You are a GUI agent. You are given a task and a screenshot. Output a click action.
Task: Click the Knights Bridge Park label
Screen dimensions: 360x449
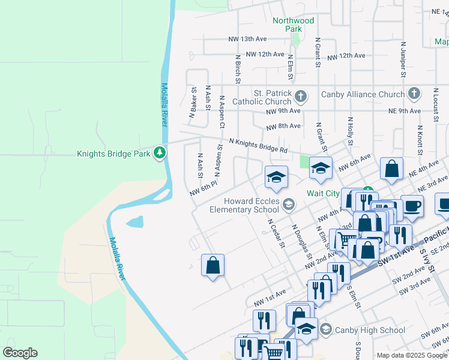[x=113, y=154]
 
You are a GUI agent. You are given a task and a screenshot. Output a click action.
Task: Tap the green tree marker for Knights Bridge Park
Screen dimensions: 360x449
[x=159, y=153]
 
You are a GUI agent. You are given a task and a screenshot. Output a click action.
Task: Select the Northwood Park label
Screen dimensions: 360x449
[x=293, y=25]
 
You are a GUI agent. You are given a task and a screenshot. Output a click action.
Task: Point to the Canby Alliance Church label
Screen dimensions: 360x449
[x=362, y=94]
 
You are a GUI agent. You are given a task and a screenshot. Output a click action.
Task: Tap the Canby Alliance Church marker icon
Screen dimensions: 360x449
[x=414, y=94]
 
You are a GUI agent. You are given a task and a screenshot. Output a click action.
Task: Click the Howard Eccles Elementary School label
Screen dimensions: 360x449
[x=244, y=205]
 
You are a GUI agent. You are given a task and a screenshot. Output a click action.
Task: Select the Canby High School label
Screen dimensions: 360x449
[x=370, y=329]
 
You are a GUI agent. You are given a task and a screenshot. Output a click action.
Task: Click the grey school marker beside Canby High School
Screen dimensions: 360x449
[x=325, y=329]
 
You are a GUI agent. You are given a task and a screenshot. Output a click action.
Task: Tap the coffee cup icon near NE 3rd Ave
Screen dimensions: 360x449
[x=412, y=205]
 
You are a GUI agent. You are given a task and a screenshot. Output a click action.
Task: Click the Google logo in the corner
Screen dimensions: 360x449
[x=20, y=353]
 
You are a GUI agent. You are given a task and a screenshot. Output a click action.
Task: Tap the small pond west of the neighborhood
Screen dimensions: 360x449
[x=136, y=223]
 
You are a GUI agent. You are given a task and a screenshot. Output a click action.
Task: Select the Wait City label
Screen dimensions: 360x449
[x=323, y=193]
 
